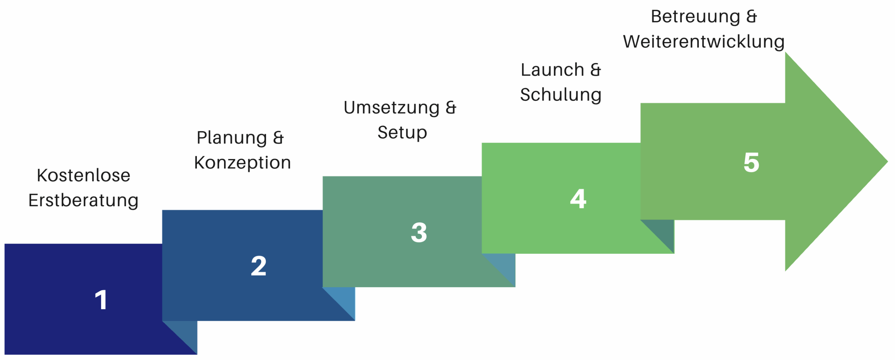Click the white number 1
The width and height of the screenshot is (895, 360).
[x=101, y=300]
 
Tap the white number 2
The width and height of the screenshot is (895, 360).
[x=259, y=266]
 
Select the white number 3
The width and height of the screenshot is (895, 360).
[x=419, y=232]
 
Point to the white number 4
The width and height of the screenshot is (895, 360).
[x=578, y=199]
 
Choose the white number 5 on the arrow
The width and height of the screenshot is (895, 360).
[x=751, y=162]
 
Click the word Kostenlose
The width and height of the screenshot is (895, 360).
[x=84, y=175]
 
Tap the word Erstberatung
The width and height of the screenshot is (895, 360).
[x=84, y=201]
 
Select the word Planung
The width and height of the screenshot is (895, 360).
[x=232, y=138]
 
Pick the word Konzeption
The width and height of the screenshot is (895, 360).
[x=243, y=163]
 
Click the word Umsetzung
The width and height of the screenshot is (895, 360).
[x=392, y=108]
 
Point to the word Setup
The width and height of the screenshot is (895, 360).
[x=402, y=133]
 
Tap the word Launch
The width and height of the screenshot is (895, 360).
[x=552, y=70]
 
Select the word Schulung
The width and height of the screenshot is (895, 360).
[x=561, y=95]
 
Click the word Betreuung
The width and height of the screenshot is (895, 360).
[x=696, y=16]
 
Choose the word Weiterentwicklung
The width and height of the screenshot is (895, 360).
[x=704, y=42]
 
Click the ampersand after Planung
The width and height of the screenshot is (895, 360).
[x=278, y=138]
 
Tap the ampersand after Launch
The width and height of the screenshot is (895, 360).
[x=596, y=70]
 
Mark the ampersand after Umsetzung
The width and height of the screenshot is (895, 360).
[x=451, y=108]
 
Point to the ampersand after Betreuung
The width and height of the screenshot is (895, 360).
[x=752, y=16]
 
